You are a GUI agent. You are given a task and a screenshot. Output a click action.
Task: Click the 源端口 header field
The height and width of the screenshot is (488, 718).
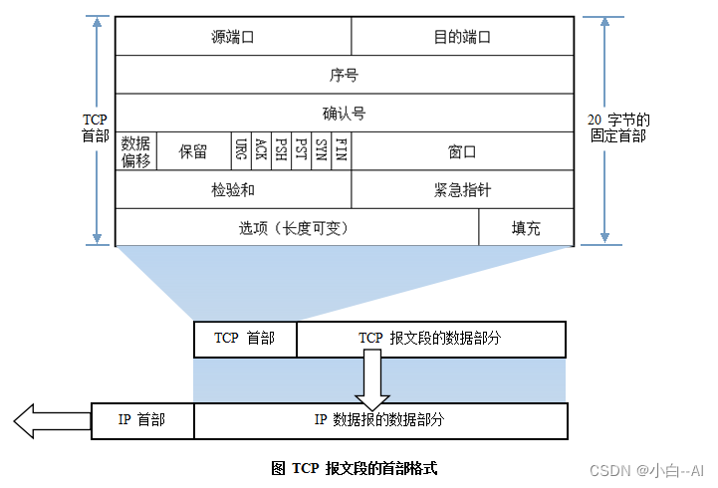pos(233,37)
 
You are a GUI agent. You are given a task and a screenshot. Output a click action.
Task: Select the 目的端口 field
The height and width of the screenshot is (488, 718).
pos(462,37)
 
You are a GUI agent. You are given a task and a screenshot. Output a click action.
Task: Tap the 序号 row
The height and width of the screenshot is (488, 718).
pos(344,75)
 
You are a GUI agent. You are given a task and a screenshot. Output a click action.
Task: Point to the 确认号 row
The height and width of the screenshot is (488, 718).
pos(344,113)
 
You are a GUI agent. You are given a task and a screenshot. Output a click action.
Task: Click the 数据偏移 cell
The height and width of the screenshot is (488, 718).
pos(135,151)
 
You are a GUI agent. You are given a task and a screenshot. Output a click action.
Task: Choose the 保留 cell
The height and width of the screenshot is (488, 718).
pos(193,151)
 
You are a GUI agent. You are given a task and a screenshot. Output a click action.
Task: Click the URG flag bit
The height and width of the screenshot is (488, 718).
pos(242,151)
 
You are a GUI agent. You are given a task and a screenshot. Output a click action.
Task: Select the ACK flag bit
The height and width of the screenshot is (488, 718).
pos(261,151)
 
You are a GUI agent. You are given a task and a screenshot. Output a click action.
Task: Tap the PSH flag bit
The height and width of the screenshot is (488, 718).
pos(281,151)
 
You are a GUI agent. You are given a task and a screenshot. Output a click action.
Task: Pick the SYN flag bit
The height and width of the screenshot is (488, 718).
pos(321,151)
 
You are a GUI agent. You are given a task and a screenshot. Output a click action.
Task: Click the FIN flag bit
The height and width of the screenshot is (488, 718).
pos(341,151)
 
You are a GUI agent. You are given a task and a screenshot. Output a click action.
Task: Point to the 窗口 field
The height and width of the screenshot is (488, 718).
pos(462,151)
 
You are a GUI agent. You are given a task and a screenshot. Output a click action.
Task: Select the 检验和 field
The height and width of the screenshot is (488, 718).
pos(233,189)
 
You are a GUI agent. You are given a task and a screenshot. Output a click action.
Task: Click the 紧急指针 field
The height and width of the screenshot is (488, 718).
pos(462,189)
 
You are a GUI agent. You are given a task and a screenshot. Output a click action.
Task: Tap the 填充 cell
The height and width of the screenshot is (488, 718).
pos(526,227)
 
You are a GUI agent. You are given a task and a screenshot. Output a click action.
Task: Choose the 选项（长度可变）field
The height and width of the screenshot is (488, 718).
pos(297,227)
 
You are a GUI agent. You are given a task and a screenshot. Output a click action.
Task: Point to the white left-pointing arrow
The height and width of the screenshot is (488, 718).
pos(38,419)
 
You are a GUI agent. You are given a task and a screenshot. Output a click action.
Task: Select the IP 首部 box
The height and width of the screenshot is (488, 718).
pos(141,419)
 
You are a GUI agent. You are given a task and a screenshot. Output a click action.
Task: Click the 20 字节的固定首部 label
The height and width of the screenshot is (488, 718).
pos(617,126)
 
